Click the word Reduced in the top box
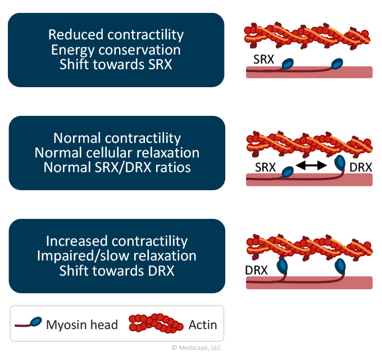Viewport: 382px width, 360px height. point(76,34)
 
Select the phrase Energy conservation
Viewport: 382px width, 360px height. point(116,50)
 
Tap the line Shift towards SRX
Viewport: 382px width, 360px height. point(116,65)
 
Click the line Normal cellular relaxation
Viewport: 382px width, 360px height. point(117,153)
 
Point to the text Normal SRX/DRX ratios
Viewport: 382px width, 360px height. point(117,168)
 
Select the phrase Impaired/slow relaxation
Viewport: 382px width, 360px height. point(117,256)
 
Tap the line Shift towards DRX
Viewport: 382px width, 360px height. point(117,271)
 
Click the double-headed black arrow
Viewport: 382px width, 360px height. point(311,165)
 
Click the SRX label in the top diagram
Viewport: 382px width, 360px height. point(263,59)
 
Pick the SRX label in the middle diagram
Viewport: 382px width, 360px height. point(265,167)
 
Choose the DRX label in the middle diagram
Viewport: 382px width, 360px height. point(361,168)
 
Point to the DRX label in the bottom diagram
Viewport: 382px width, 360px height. point(256,270)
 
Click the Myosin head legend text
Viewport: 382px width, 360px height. point(82,325)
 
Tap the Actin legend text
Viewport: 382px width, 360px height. point(203,325)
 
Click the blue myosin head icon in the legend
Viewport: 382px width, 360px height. point(36,321)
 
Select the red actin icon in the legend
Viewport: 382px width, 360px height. point(156,323)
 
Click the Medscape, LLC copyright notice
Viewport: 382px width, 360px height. point(197,348)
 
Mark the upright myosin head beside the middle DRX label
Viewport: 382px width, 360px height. point(340,163)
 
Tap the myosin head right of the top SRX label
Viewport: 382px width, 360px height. point(288,64)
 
